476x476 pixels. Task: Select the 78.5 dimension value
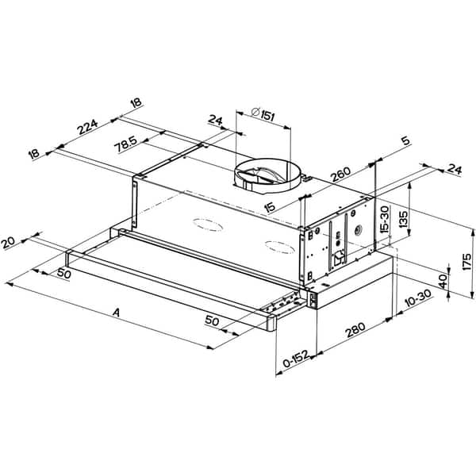124,146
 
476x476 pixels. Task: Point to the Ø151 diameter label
263,115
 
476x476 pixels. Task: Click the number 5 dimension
405,142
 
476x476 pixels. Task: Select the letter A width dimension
117,313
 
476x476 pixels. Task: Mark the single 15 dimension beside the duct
271,206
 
